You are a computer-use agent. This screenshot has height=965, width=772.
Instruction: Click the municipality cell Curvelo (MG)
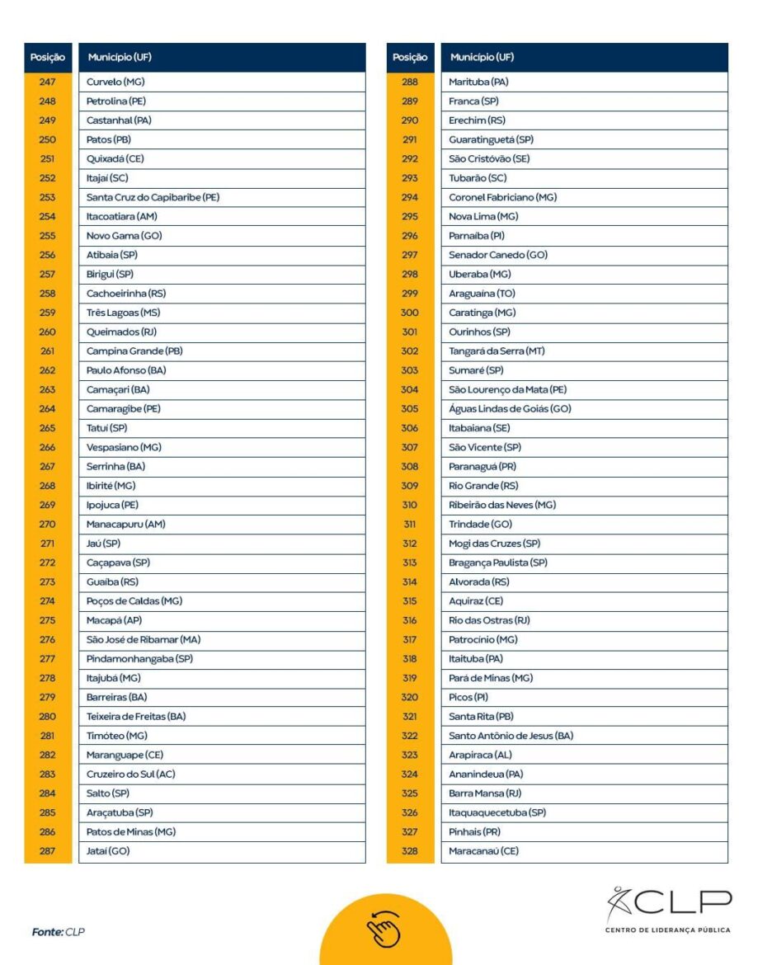pos(115,82)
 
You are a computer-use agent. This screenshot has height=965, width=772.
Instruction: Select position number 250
pos(47,139)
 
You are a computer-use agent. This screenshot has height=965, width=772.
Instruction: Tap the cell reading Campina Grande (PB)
pos(134,351)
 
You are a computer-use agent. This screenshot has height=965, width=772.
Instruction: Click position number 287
pos(47,850)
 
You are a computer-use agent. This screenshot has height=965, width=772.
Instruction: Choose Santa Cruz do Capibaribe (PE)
pos(153,197)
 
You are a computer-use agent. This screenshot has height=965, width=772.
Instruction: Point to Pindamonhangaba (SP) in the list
pos(139,658)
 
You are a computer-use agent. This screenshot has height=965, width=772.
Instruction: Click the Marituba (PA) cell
pos(479,82)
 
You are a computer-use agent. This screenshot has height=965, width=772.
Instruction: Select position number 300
pos(410,313)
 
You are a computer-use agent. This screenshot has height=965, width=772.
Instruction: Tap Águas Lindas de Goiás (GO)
pos(510,408)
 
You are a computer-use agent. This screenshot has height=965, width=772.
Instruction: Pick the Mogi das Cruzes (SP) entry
pos(494,543)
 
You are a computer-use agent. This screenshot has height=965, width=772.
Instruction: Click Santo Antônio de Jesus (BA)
pos(511,735)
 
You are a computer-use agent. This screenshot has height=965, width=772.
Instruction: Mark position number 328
pos(410,850)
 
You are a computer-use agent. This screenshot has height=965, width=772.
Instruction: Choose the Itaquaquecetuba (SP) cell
pos(497,812)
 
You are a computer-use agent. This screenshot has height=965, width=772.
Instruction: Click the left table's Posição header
pos(48,58)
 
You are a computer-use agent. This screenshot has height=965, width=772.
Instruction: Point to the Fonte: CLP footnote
pos(59,932)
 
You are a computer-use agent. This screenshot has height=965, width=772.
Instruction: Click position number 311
pos(410,524)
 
